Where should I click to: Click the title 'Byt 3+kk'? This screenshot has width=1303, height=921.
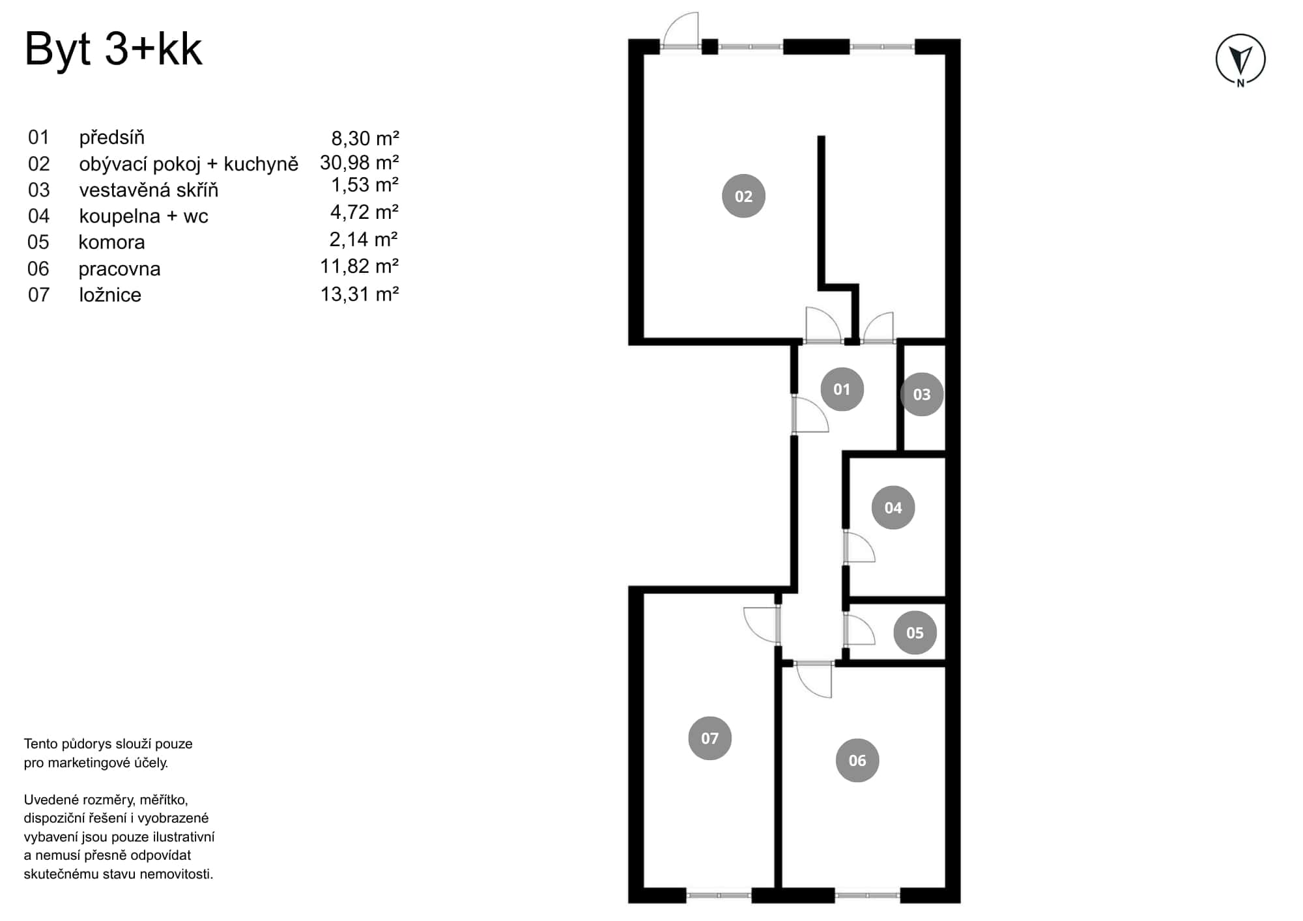113,49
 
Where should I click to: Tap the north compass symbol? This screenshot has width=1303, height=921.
1240,60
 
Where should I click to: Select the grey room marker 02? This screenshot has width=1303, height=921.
743,196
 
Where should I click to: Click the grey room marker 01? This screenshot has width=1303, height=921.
842,390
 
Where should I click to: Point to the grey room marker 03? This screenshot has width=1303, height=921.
921,394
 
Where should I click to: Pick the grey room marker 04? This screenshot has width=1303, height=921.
893,507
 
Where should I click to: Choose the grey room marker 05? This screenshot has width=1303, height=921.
915,632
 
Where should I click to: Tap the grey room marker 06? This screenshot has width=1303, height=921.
857,760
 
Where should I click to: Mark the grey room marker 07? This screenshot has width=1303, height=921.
709,738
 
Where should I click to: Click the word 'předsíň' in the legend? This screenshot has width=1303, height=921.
111,137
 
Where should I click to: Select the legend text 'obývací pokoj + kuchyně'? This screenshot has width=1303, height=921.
188,163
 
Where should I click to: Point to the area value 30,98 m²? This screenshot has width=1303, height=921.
359,162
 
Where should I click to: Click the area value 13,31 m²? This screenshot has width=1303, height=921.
359,294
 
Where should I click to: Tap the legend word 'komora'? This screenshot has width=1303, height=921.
111,242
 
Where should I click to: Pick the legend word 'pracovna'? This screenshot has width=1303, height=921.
119,268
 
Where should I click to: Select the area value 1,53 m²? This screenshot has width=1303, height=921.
364,185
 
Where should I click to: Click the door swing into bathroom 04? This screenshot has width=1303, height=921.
859,548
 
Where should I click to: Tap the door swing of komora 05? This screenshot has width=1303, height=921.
859,630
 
